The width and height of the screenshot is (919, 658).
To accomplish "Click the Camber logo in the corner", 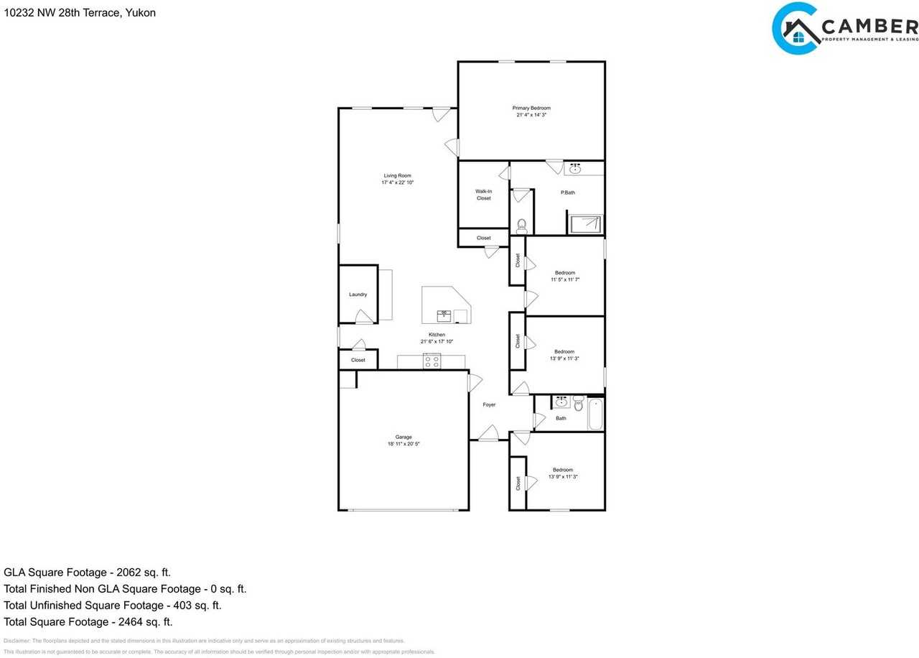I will pos(844,29).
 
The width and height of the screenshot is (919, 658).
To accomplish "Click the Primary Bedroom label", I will pos(531,108).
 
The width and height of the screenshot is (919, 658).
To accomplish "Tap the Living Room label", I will pos(397,176).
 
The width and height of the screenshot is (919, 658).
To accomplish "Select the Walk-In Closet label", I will pos(483,195).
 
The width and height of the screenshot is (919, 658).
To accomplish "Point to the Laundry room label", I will pos(358,295).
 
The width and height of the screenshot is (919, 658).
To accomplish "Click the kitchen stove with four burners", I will pos(431,361).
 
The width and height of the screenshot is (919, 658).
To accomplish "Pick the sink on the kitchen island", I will pos(444,314).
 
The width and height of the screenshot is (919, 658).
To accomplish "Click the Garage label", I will pos(403,437).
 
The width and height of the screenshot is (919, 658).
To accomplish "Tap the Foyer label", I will pos(489,405).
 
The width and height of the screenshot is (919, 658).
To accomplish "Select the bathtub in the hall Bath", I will pos(595,414).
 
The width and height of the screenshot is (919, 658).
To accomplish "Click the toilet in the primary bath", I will pos(521,225).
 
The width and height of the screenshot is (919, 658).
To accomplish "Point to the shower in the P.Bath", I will pos(585,223).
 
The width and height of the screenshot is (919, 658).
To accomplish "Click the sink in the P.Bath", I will pos(574,169).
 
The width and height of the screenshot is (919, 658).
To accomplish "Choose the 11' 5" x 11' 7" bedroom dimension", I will pos(564,279).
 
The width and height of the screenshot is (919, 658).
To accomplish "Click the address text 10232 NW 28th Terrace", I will pos(79,13).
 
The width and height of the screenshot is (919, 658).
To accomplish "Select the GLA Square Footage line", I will pos(87,573).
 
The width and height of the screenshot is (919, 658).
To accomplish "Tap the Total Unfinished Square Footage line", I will pos(112,606).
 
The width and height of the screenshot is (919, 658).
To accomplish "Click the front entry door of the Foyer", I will pos(489,434).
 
